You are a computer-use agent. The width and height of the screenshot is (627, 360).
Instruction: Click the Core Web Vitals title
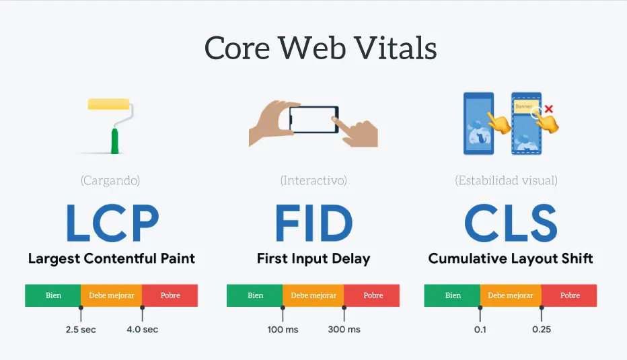320,48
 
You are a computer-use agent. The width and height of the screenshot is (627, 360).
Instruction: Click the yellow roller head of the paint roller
110,104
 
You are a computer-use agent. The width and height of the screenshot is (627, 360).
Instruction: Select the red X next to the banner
549,108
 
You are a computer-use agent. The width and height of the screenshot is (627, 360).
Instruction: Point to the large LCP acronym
112,224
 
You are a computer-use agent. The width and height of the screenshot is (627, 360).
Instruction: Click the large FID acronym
313,224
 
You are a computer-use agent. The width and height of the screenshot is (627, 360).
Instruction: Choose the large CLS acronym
511,224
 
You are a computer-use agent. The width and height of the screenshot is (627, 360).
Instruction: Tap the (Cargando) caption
110,180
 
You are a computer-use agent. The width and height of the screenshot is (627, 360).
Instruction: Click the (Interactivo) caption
313,180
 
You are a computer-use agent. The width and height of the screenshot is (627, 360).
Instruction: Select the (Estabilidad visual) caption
506,180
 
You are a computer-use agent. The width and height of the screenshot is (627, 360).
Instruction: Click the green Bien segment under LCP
53,295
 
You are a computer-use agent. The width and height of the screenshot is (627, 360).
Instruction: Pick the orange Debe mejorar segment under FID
313,295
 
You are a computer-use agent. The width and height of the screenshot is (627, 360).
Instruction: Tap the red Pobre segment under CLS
569,295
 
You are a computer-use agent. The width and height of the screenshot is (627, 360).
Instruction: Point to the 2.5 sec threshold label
81,330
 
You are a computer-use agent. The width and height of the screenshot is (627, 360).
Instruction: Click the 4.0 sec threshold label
142,330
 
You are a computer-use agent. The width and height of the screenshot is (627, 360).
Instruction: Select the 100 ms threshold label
283,330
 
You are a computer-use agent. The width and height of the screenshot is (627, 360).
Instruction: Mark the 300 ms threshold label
344,330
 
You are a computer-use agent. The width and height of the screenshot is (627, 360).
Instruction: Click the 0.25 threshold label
542,330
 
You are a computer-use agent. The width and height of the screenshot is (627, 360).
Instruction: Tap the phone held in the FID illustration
313,119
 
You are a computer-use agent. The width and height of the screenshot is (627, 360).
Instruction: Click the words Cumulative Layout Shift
511,258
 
